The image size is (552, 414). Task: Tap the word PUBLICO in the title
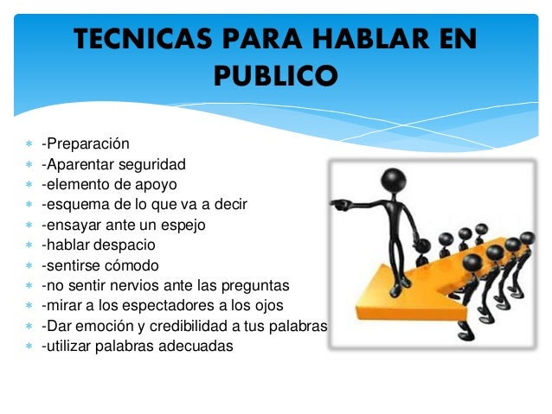click(x=275, y=76)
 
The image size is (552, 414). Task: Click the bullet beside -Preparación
click(x=29, y=143)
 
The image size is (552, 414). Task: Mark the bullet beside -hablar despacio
click(x=29, y=245)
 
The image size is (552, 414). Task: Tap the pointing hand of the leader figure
click(x=339, y=205)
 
